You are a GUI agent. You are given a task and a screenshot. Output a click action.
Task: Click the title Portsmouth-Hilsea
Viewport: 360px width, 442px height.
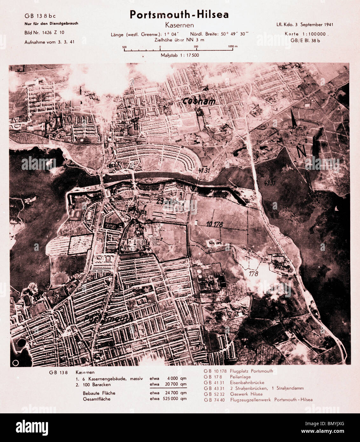click(179, 15)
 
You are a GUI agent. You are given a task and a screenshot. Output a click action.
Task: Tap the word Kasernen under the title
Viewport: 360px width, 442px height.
click(179, 25)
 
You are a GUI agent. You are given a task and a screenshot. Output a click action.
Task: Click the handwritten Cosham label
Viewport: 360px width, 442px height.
click(199, 101)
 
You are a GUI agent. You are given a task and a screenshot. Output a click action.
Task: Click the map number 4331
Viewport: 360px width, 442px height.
click(270, 183)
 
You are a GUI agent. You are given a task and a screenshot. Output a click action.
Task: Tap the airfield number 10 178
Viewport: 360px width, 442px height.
click(214, 224)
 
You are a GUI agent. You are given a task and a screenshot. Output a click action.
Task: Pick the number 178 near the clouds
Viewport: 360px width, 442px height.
click(253, 273)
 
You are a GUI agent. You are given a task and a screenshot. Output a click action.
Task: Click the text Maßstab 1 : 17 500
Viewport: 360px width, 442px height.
click(180, 55)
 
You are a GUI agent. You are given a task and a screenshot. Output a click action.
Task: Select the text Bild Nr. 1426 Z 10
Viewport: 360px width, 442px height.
click(44, 32)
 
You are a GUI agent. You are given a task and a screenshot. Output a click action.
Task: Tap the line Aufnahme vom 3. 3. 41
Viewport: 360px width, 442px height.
click(49, 42)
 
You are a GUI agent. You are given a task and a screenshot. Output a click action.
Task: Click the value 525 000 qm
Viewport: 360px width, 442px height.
click(177, 399)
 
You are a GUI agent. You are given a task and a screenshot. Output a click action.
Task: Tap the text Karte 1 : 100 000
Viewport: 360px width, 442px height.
click(307, 34)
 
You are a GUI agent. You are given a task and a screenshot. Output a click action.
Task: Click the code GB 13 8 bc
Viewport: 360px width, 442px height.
click(40, 16)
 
